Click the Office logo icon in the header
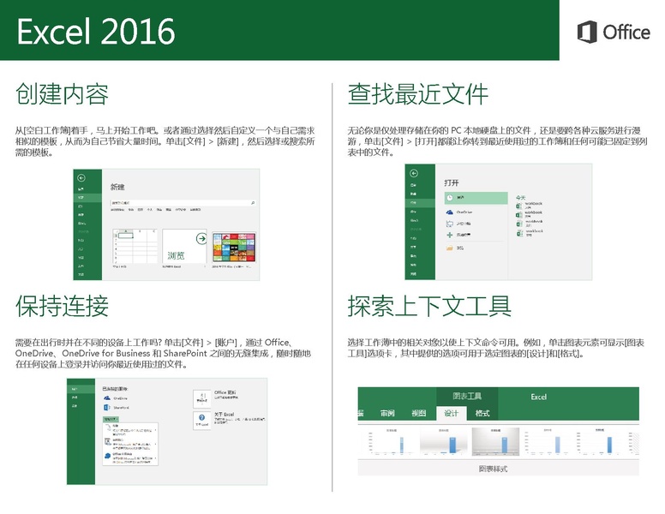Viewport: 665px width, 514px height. pyautogui.click(x=587, y=33)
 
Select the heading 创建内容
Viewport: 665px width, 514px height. pyautogui.click(x=62, y=93)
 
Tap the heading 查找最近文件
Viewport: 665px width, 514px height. pyautogui.click(x=417, y=93)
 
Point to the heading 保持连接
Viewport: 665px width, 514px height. pyautogui.click(x=62, y=305)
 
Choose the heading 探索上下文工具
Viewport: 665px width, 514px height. pyautogui.click(x=429, y=305)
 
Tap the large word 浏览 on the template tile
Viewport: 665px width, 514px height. pyautogui.click(x=176, y=254)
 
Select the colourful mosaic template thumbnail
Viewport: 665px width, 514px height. pyautogui.click(x=235, y=248)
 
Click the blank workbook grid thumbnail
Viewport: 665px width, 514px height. pyautogui.click(x=135, y=248)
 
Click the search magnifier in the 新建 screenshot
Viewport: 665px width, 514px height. pyautogui.click(x=253, y=202)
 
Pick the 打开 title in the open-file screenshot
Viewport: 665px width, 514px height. pyautogui.click(x=452, y=182)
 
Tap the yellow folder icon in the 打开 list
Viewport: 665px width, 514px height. pyautogui.click(x=449, y=248)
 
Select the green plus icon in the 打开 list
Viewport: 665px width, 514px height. pyautogui.click(x=449, y=235)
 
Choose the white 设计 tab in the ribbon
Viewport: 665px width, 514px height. pyautogui.click(x=451, y=414)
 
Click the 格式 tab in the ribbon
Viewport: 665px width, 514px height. pyautogui.click(x=482, y=414)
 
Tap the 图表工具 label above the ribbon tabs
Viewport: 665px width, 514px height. pyautogui.click(x=466, y=397)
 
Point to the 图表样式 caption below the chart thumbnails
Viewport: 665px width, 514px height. pyautogui.click(x=497, y=469)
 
